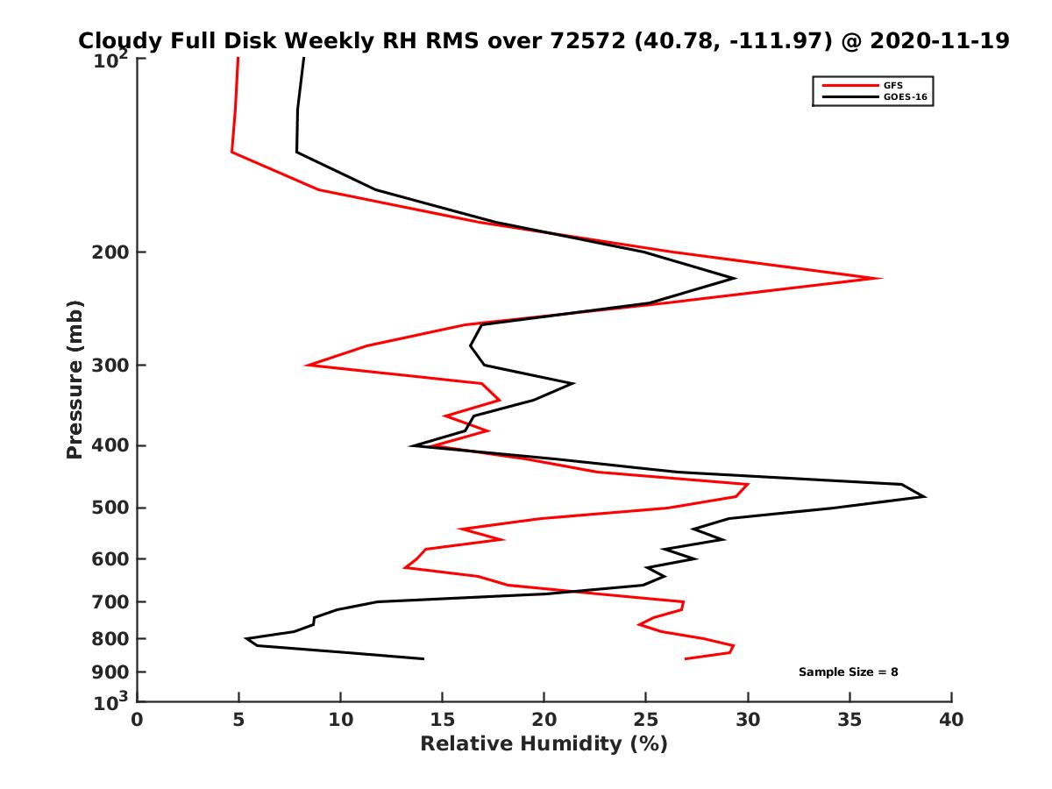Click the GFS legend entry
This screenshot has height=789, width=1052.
(893, 85)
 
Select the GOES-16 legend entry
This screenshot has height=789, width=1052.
(904, 97)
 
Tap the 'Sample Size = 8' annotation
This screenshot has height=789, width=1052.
(848, 672)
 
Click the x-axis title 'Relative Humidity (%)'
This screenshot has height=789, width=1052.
(544, 744)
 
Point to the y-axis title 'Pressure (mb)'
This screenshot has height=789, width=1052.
(75, 379)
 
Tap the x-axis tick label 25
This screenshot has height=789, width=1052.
(645, 721)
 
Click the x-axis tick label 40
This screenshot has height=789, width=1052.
(950, 721)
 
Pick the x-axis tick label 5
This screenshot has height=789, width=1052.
(238, 721)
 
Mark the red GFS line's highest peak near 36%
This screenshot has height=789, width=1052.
(880, 278)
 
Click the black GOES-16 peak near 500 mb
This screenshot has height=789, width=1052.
(924, 497)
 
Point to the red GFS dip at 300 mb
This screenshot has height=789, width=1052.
(307, 365)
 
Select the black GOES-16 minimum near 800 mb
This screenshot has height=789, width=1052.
(246, 638)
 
